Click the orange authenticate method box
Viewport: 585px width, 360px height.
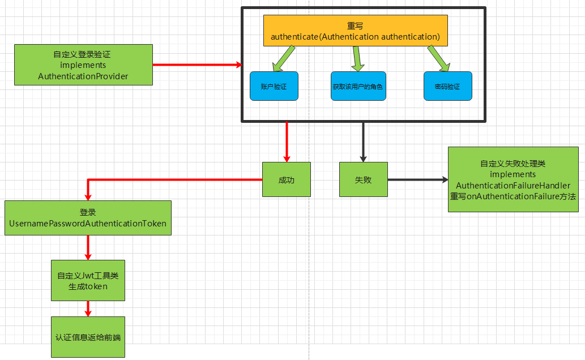(x=356, y=31)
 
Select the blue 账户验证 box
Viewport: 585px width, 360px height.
(x=274, y=87)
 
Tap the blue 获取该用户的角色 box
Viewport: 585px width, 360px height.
(x=358, y=87)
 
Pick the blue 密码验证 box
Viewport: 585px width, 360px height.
(x=447, y=87)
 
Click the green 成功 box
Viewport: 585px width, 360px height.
(x=287, y=179)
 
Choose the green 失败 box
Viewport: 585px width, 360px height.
(x=364, y=179)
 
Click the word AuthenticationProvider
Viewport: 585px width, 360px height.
(x=83, y=76)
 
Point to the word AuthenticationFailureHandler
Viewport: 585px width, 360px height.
(x=513, y=185)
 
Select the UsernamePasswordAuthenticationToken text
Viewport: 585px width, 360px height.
(x=88, y=224)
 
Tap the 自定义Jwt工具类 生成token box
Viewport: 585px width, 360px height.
(x=88, y=280)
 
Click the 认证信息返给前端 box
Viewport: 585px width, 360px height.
(x=88, y=337)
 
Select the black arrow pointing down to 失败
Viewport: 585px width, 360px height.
(x=364, y=142)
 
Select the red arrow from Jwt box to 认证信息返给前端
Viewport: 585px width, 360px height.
(x=88, y=308)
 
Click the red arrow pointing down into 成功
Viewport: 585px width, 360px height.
(x=287, y=142)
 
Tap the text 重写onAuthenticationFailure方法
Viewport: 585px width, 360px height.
(x=513, y=196)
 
